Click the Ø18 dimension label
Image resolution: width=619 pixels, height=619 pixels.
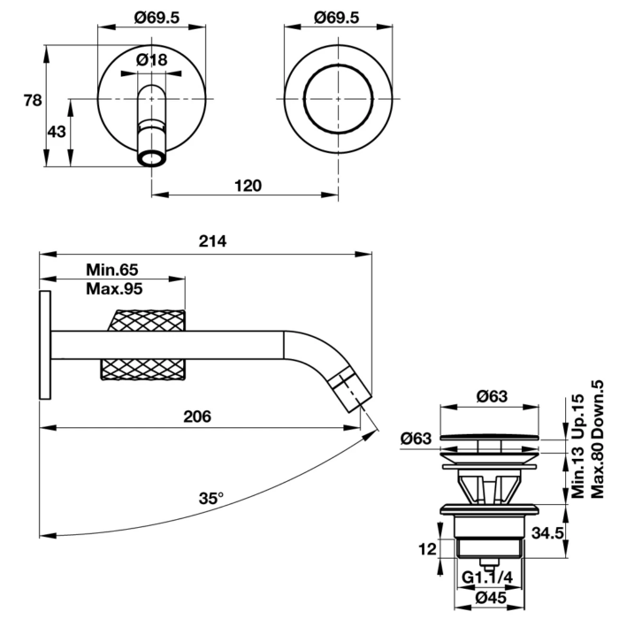(152, 60)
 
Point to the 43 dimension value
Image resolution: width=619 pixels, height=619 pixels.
(57, 132)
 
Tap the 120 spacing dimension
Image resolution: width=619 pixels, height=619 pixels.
(248, 186)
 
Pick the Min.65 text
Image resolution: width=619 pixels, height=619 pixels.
(112, 270)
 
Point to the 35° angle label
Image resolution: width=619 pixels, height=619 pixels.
(211, 498)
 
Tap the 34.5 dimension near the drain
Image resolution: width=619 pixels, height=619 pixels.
(548, 532)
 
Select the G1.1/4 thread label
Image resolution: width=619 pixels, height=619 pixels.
(486, 579)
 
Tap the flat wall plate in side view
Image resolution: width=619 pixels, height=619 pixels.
(43, 345)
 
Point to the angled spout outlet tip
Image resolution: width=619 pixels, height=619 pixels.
(357, 396)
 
